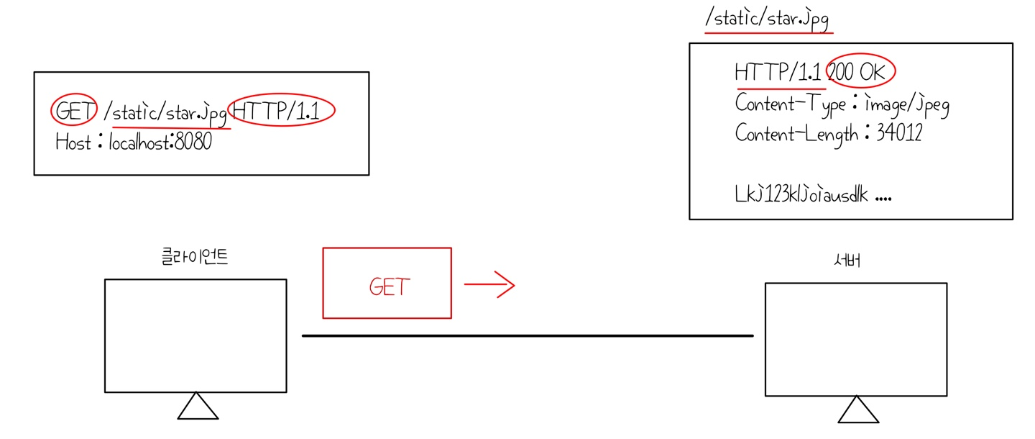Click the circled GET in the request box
73,112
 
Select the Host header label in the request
73,142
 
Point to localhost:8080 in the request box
160,142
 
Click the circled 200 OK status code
861,72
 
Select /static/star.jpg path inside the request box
165,112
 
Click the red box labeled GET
387,283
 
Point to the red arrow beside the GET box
489,285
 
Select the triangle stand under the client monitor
198,407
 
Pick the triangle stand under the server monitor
857,410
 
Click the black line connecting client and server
528,335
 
